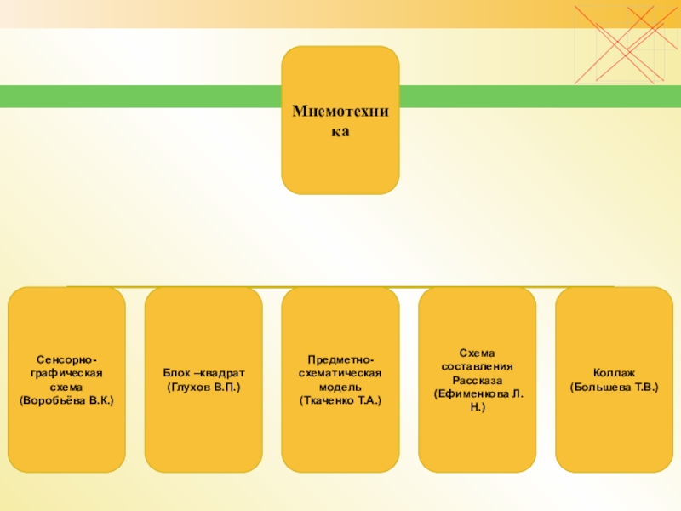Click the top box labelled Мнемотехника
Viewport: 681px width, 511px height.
[x=340, y=120]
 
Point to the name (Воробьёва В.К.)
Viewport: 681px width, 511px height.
[x=66, y=399]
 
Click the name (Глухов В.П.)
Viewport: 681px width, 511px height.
[x=203, y=387]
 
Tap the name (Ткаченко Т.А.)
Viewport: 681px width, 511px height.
[x=340, y=399]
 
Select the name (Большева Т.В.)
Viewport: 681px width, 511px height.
[x=614, y=387]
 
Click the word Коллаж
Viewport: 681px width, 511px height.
[x=614, y=373]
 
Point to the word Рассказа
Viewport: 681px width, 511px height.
[x=478, y=380]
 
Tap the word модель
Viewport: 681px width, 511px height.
[x=340, y=387]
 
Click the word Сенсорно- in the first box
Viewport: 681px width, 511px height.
[x=66, y=359]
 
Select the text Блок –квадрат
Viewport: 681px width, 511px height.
[x=203, y=373]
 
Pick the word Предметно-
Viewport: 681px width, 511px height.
[x=340, y=359]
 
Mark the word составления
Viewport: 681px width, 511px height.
[x=478, y=366]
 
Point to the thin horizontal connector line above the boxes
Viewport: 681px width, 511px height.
[x=340, y=287]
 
